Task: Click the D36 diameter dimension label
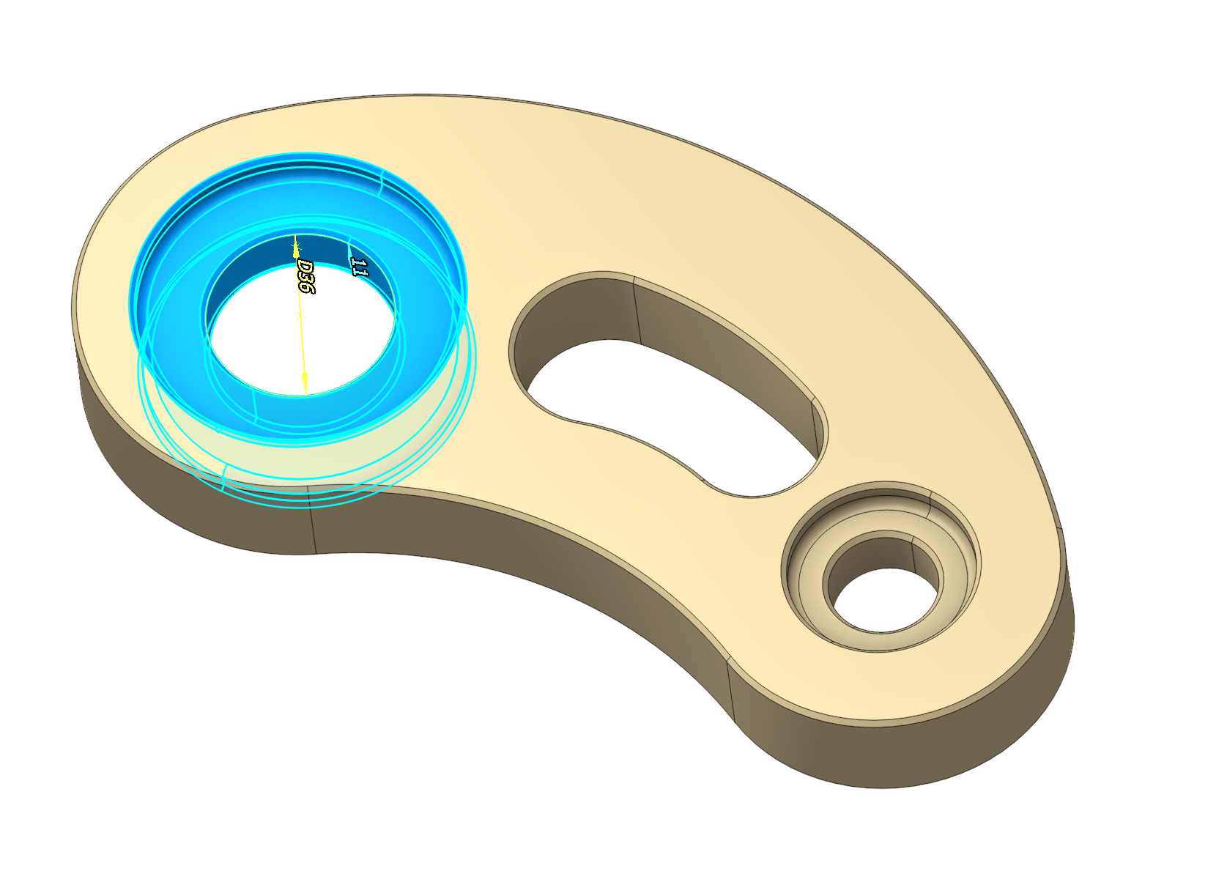click(x=305, y=277)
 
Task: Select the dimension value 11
click(x=358, y=267)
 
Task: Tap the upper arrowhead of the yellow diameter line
click(x=295, y=246)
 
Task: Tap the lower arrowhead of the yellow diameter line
click(x=305, y=382)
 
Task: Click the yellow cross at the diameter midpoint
click(x=299, y=314)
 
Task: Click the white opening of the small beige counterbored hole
click(x=884, y=601)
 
